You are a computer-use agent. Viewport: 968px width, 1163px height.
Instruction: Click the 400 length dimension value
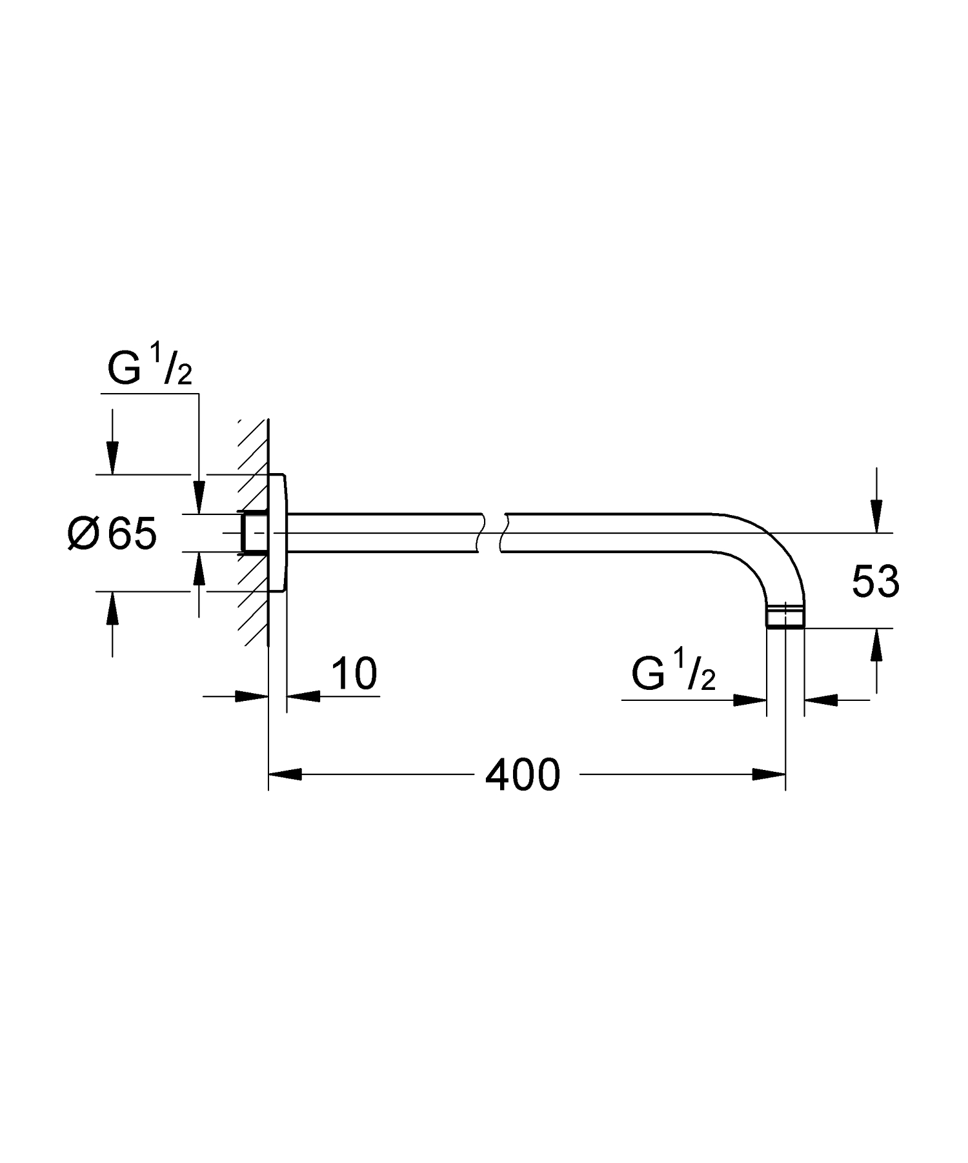(522, 775)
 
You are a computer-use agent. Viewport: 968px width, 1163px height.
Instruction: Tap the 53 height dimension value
(875, 581)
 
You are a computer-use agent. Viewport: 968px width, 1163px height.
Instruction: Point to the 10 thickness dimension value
(354, 674)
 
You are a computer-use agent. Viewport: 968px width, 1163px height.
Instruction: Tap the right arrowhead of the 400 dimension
(769, 774)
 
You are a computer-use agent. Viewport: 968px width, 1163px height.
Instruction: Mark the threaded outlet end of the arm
(785, 617)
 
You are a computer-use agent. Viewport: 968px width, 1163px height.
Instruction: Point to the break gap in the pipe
(493, 533)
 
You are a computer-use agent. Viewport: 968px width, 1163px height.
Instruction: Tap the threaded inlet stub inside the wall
(254, 533)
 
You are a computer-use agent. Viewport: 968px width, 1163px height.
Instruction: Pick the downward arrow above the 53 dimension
(876, 516)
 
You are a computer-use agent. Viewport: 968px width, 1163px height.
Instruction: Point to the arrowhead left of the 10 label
(252, 696)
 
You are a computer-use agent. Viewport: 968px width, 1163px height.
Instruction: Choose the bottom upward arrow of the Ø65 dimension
(113, 608)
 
